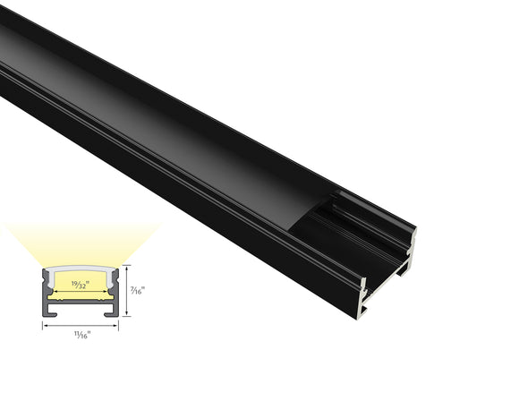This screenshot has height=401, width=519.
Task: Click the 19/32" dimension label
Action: pos(81,286)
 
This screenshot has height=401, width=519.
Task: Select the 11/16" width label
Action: pos(81,336)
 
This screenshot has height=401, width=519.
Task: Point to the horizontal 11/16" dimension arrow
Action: pos(81,325)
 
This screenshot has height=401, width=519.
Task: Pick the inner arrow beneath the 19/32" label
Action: pos(81,293)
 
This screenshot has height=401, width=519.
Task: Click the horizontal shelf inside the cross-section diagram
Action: pos(81,303)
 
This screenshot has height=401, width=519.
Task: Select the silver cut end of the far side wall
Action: pos(413,245)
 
